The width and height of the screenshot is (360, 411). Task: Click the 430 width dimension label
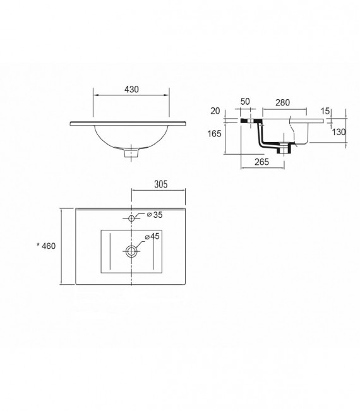(131, 90)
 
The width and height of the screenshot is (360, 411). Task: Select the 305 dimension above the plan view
(161, 184)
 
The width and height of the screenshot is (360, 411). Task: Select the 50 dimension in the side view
(245, 101)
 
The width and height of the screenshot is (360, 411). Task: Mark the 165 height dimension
(214, 133)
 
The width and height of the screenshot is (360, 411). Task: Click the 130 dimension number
(339, 132)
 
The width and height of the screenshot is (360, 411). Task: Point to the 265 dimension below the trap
(262, 162)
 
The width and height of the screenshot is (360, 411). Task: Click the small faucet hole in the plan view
(132, 218)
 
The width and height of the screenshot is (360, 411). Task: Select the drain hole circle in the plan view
(132, 251)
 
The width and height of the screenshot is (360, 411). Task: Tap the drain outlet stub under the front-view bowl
(133, 152)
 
